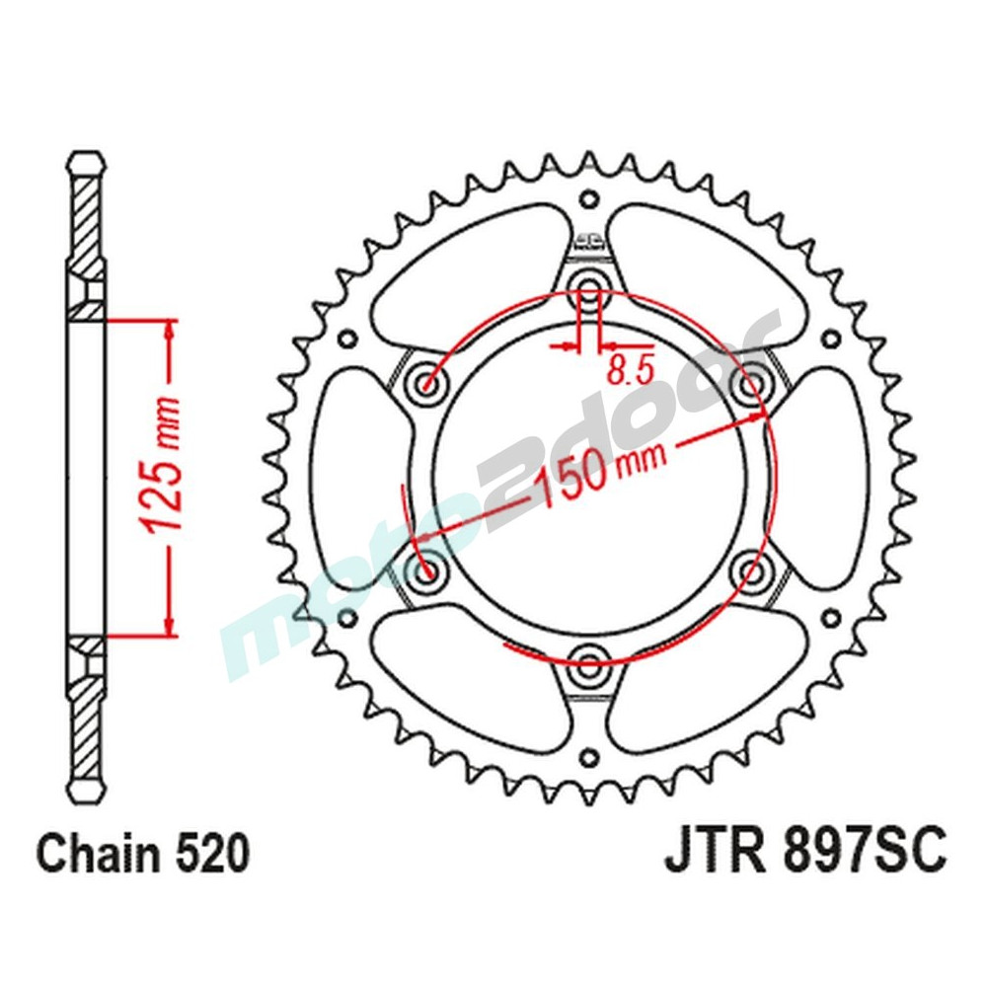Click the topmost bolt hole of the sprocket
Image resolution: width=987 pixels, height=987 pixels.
[x=589, y=287]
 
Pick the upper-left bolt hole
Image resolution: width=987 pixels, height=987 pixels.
[x=428, y=381]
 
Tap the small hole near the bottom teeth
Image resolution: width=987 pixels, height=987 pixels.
[x=589, y=758]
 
